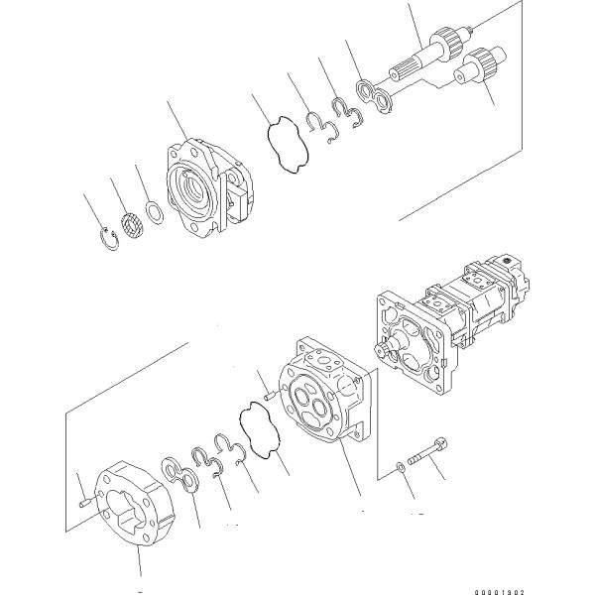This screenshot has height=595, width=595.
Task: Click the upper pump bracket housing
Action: click(197, 189)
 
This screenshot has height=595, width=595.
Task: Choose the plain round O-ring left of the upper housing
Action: click(155, 210)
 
